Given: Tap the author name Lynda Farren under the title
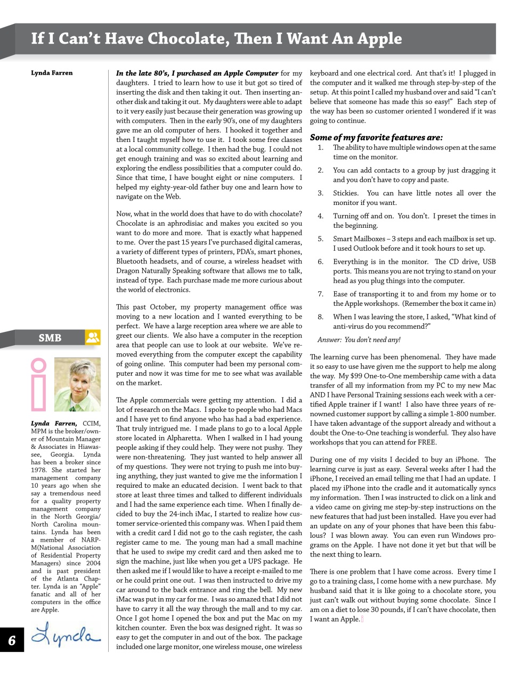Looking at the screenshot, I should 52,73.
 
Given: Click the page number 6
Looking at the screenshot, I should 12,640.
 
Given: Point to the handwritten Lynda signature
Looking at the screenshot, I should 65,635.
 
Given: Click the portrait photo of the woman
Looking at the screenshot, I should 77,385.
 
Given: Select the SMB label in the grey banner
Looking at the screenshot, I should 50,338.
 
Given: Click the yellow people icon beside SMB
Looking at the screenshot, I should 93,337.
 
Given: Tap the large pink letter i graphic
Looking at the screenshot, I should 39,385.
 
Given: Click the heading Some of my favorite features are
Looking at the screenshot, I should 376,138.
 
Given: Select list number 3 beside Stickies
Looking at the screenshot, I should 320,193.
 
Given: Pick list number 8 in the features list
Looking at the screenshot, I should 320,317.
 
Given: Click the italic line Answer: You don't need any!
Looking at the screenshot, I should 359,340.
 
